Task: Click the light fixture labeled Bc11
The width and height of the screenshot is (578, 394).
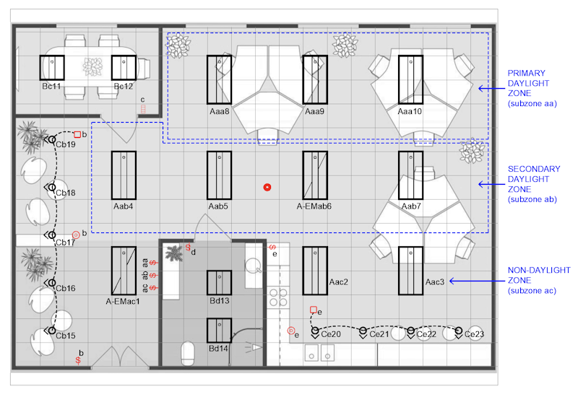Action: (x=52, y=68)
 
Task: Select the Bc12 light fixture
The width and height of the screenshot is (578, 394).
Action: (x=124, y=68)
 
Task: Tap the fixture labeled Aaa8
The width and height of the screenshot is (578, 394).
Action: (x=220, y=79)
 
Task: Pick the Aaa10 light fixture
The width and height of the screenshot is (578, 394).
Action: (x=410, y=79)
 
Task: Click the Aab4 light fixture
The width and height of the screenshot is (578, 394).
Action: (x=124, y=175)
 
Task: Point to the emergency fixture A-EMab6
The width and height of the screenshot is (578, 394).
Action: (x=315, y=175)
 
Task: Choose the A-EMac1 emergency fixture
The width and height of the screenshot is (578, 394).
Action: (x=124, y=271)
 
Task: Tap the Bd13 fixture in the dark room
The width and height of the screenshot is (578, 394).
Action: (x=220, y=282)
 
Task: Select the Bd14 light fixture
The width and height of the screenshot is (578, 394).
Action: (x=220, y=330)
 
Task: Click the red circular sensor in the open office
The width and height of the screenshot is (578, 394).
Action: (x=267, y=188)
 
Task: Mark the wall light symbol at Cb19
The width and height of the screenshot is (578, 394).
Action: (x=51, y=139)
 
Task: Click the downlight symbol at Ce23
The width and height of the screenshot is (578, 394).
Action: (x=459, y=332)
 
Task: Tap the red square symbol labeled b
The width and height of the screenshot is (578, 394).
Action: (x=77, y=134)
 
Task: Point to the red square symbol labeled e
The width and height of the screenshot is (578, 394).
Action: (x=314, y=310)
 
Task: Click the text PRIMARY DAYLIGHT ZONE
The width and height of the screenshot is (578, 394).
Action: (x=529, y=83)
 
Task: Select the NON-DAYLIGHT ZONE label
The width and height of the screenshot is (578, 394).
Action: (x=539, y=275)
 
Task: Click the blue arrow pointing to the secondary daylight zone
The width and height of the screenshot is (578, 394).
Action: (x=492, y=184)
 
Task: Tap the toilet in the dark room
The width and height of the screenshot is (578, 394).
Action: (x=188, y=353)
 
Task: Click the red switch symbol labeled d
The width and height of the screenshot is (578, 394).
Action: (x=188, y=247)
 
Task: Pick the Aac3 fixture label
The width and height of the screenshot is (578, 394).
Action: (x=435, y=282)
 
